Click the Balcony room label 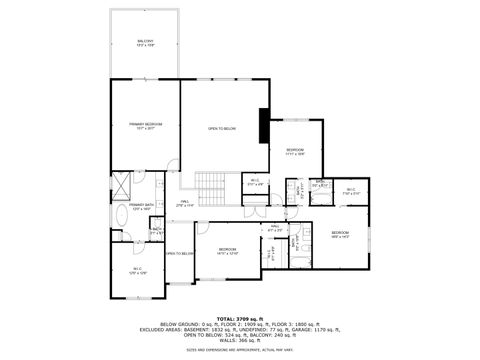pos(146,43)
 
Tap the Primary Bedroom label pos(145,126)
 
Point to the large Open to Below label pos(221,129)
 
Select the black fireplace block pos(264,126)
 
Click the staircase pos(209,185)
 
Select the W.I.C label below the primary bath pos(137,270)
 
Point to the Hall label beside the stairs pos(185,203)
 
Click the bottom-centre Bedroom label pos(228,251)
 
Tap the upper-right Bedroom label pos(295,152)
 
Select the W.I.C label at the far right pos(351,190)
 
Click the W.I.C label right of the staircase pos(256,183)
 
